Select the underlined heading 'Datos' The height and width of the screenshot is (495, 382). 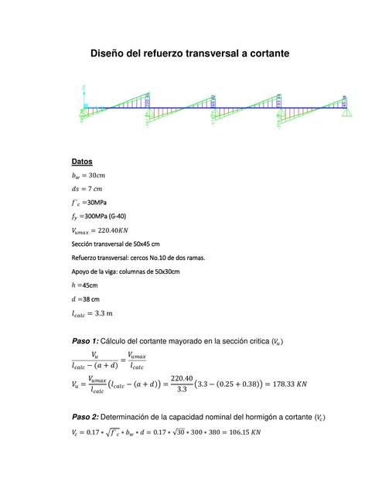(82, 162)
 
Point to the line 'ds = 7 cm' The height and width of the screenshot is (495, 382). (87, 189)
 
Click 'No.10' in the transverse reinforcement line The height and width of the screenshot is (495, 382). (158, 258)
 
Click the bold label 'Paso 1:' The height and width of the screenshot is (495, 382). (84, 341)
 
